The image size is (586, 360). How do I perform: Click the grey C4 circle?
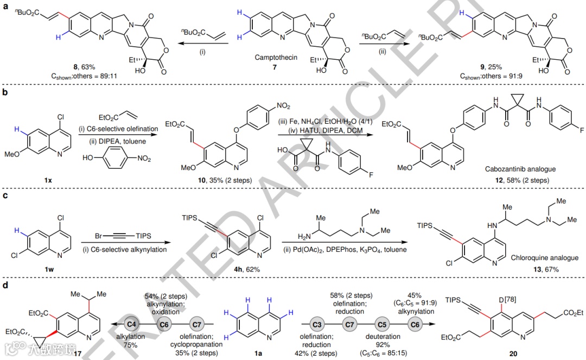131,324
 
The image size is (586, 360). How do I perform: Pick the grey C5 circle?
383,324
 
